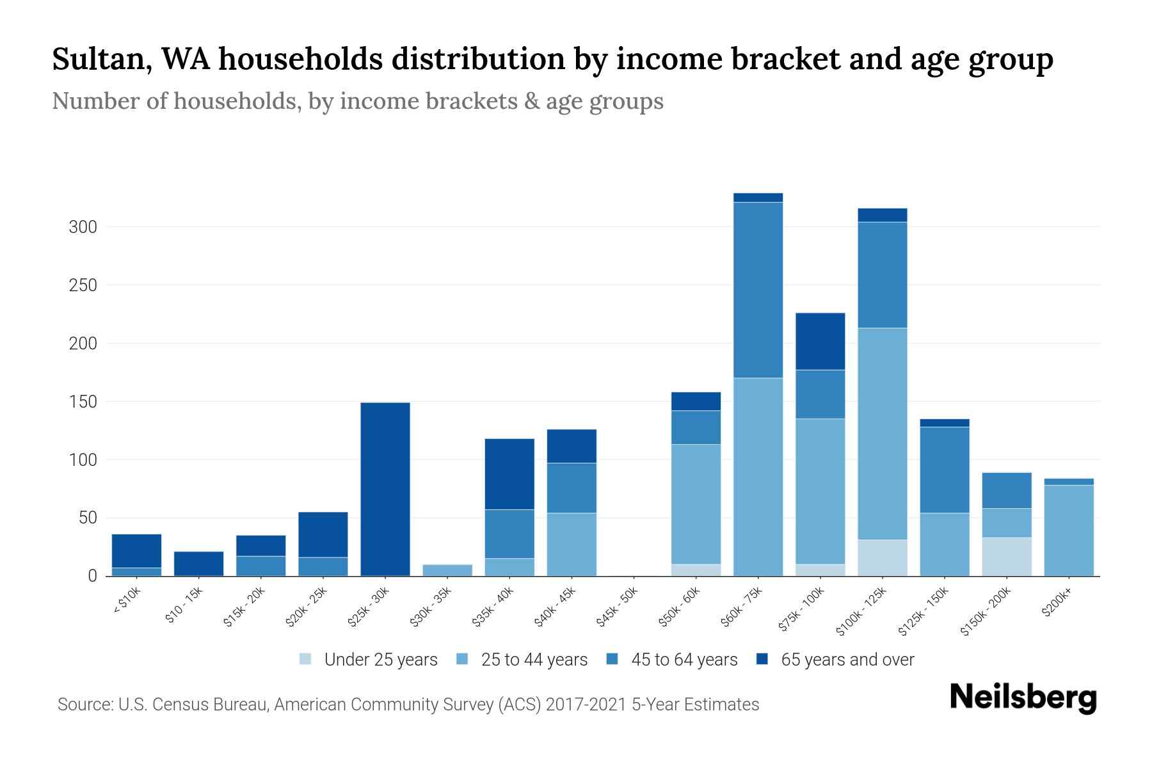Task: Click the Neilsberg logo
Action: [x=1023, y=698]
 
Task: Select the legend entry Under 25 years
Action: [x=380, y=660]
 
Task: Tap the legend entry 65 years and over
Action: [x=847, y=660]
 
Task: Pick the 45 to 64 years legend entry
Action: [x=684, y=660]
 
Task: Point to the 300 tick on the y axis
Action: [x=83, y=227]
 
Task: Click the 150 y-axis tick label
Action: [x=83, y=402]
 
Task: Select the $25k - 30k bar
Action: [x=385, y=490]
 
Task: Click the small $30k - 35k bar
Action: [x=447, y=570]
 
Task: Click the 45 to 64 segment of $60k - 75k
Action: [x=758, y=290]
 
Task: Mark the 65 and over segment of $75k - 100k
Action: [x=820, y=341]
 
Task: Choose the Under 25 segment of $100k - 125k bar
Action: [x=882, y=557]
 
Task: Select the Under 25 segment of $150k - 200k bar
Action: [x=1006, y=556]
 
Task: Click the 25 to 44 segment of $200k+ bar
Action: [x=1068, y=531]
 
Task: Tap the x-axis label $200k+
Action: [x=1056, y=605]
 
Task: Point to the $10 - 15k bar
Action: [x=198, y=564]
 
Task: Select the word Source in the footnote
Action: [x=84, y=705]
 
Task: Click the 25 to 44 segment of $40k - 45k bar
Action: [x=572, y=544]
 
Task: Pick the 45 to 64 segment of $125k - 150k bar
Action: [x=944, y=470]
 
